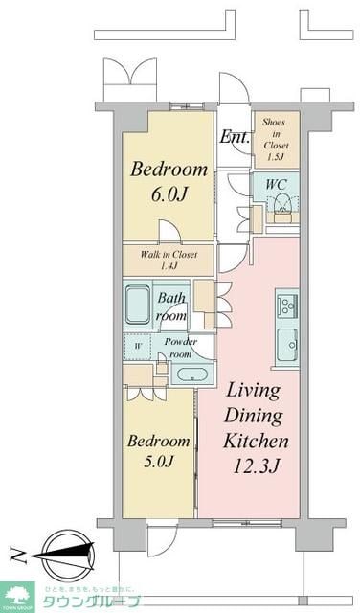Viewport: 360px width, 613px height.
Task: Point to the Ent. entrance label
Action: point(235,137)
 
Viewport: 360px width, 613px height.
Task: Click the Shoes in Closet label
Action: point(276,137)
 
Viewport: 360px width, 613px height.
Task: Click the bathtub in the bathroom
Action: point(138,306)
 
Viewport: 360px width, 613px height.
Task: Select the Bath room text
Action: point(172,307)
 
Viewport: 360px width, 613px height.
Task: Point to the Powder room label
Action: point(180,346)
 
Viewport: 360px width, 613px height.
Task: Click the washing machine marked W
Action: point(138,346)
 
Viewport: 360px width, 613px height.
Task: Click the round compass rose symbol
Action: point(65,551)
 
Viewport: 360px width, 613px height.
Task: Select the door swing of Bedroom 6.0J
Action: point(169,231)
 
